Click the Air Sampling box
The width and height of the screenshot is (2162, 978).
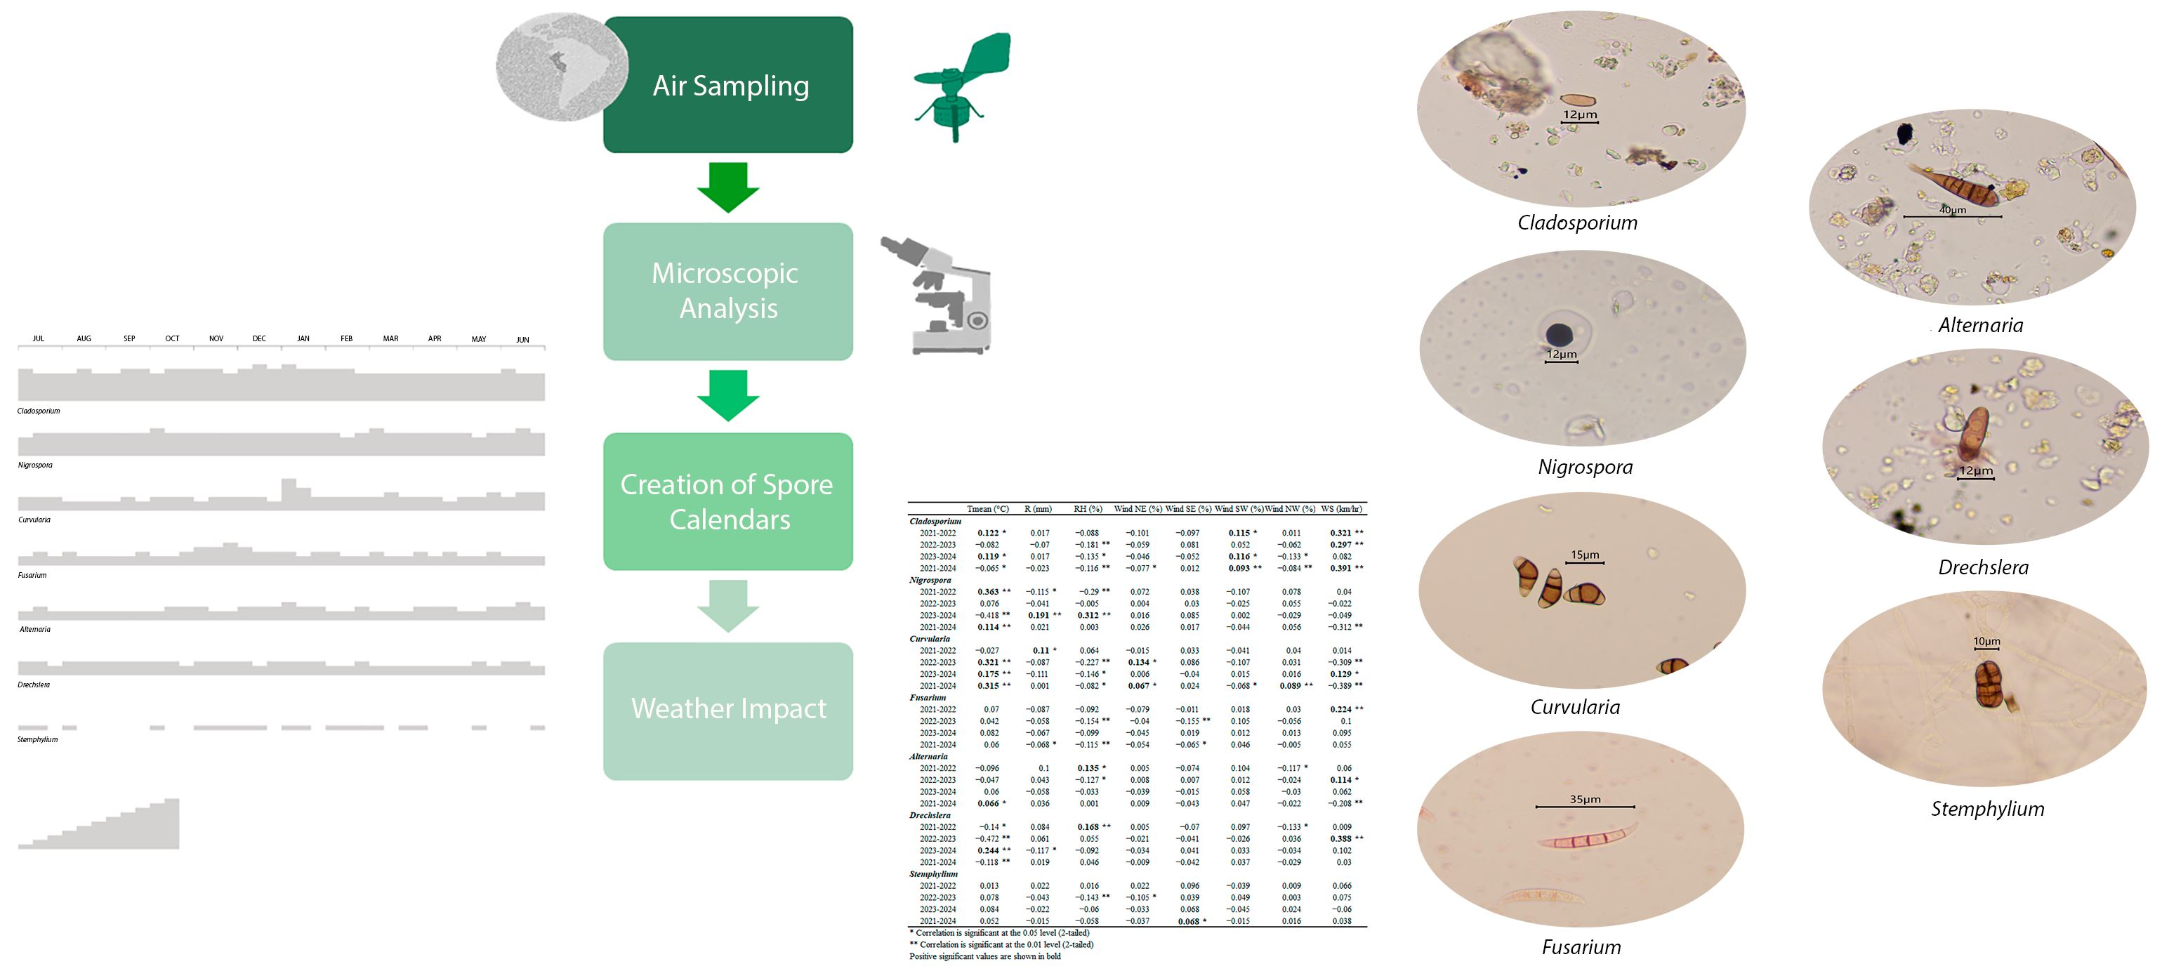pos(727,85)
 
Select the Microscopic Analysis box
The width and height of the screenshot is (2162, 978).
pos(727,291)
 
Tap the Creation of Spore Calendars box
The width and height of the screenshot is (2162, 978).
pos(727,501)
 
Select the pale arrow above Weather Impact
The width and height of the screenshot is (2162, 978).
pos(727,605)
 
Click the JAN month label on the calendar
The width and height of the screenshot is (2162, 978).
pos(303,339)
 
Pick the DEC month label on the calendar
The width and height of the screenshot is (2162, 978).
pos(259,339)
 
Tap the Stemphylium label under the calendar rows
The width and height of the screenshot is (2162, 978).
pos(38,739)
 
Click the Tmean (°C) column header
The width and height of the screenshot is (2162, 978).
pos(987,509)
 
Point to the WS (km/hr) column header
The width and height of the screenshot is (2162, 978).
pos(1340,509)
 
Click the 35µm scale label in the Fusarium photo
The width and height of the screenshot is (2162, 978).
pos(1585,799)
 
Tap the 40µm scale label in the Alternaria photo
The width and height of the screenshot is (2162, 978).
pos(1952,210)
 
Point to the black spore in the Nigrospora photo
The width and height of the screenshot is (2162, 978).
pos(1560,335)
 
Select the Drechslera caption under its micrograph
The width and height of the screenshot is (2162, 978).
pos(1982,567)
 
